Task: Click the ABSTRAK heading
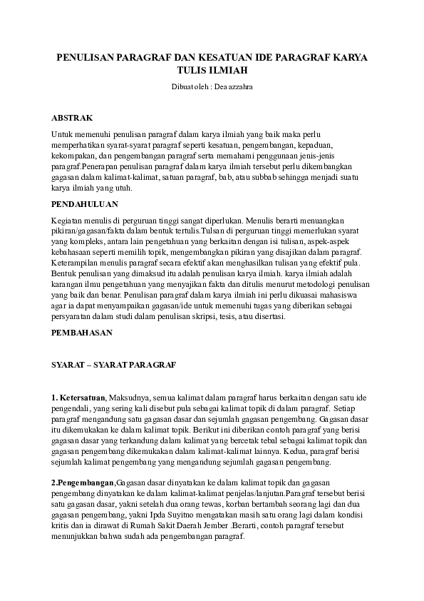[71, 116]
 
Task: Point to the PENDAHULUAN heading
[83, 204]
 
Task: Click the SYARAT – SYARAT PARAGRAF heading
[113, 364]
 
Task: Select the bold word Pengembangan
[84, 483]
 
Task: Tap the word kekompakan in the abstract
[74, 155]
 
